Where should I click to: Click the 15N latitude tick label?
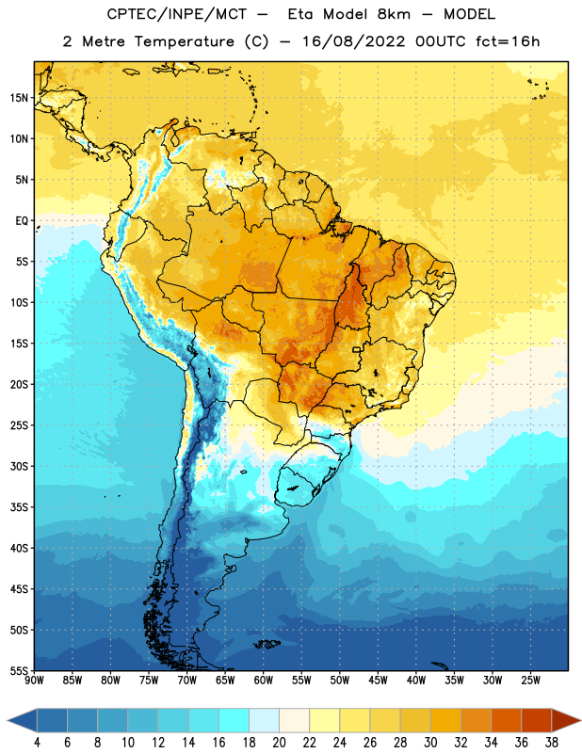19,98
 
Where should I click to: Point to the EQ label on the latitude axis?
22,221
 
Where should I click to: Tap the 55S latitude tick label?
19,671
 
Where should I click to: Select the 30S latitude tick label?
19,466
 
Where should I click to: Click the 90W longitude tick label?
34,681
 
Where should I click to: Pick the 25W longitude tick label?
530,681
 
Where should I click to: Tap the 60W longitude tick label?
264,681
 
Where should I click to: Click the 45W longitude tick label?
379,681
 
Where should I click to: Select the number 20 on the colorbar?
279,743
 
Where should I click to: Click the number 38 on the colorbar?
552,743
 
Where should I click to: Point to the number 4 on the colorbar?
37,743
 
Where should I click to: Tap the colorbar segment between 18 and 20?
265,720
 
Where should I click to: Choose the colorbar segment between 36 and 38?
537,720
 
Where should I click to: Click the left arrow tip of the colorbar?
8,720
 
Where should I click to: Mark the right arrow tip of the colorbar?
580,720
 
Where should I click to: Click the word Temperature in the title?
184,41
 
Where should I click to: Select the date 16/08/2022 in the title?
353,41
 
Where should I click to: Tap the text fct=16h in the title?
508,41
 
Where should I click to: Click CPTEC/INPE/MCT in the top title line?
177,14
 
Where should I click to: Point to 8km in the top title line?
394,14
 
